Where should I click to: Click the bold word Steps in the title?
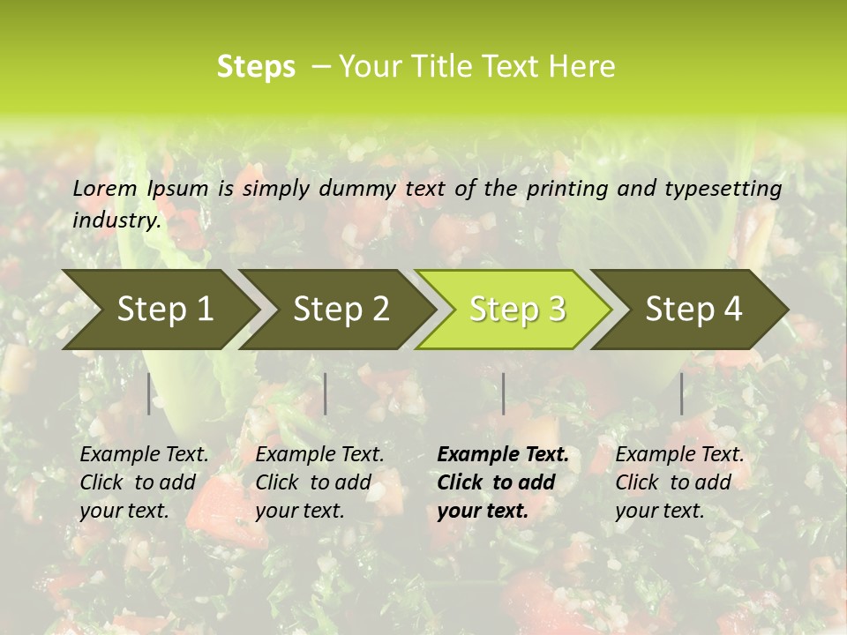click(x=256, y=67)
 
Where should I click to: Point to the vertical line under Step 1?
click(x=149, y=393)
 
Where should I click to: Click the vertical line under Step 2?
click(x=326, y=393)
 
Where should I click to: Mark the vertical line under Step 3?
click(x=504, y=393)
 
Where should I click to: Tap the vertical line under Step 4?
click(x=682, y=393)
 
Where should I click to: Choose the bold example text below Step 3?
click(x=502, y=482)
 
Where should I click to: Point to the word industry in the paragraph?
click(x=116, y=220)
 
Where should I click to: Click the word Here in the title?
click(x=584, y=67)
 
